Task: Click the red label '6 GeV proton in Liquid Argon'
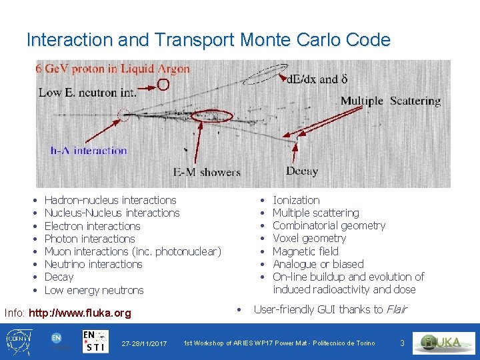coord(113,69)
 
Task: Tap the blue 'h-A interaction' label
coord(89,150)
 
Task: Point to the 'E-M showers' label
coord(207,172)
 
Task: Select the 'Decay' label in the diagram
coord(301,171)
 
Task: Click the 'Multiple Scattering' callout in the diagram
coord(391,101)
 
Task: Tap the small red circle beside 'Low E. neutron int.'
coord(163,85)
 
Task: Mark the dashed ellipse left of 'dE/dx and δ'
coord(265,74)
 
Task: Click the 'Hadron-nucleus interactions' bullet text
coord(110,200)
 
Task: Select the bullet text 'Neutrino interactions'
coord(93,264)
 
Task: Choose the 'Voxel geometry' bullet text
coord(309,238)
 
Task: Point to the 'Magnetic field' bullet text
coord(305,251)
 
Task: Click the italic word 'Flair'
coord(396,309)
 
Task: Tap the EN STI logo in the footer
coord(97,341)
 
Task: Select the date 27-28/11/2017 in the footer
coord(144,343)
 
